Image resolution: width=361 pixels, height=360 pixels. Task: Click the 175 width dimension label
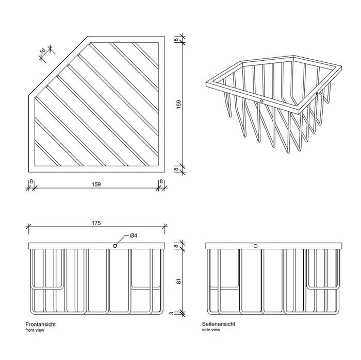tap(96, 223)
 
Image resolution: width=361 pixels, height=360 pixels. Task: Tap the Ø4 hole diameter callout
tap(133, 235)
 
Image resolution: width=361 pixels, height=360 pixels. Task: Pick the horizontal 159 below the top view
tap(96, 183)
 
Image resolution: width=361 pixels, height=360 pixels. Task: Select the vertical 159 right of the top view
tap(178, 105)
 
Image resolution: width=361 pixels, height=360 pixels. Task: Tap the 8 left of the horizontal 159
tap(31, 181)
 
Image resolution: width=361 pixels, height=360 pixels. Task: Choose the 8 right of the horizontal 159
tap(161, 181)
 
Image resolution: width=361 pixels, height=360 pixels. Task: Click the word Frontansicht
tap(40, 324)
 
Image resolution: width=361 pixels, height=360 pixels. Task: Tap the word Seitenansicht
tap(219, 324)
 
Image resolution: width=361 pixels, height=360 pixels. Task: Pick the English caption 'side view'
tap(211, 330)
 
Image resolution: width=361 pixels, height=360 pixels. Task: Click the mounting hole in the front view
tap(114, 246)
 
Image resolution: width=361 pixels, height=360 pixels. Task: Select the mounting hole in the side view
tap(255, 246)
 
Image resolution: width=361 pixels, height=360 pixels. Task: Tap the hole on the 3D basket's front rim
tap(262, 101)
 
